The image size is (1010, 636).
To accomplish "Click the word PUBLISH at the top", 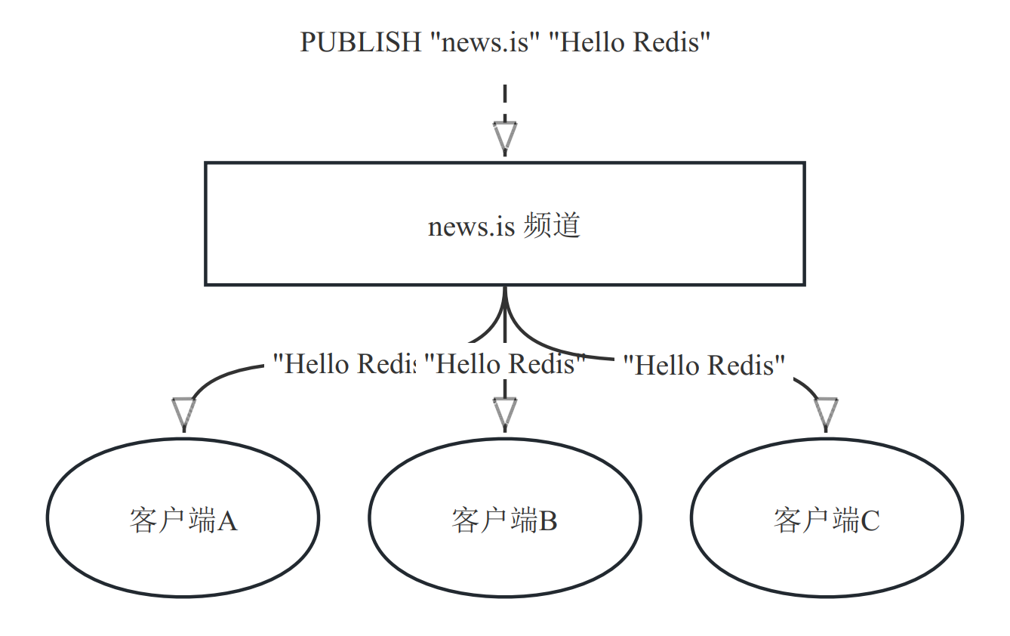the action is [361, 42].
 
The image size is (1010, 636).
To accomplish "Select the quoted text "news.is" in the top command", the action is [483, 42].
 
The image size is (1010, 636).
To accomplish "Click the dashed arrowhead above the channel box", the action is [505, 136].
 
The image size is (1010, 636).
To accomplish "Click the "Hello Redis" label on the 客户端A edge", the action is [344, 364].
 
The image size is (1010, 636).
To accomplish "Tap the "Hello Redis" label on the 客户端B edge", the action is [505, 364].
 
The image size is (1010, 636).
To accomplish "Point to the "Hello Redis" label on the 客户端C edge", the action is [704, 366].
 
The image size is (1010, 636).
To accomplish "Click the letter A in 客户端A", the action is [227, 521].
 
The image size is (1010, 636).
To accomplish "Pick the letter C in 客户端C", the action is [870, 521].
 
